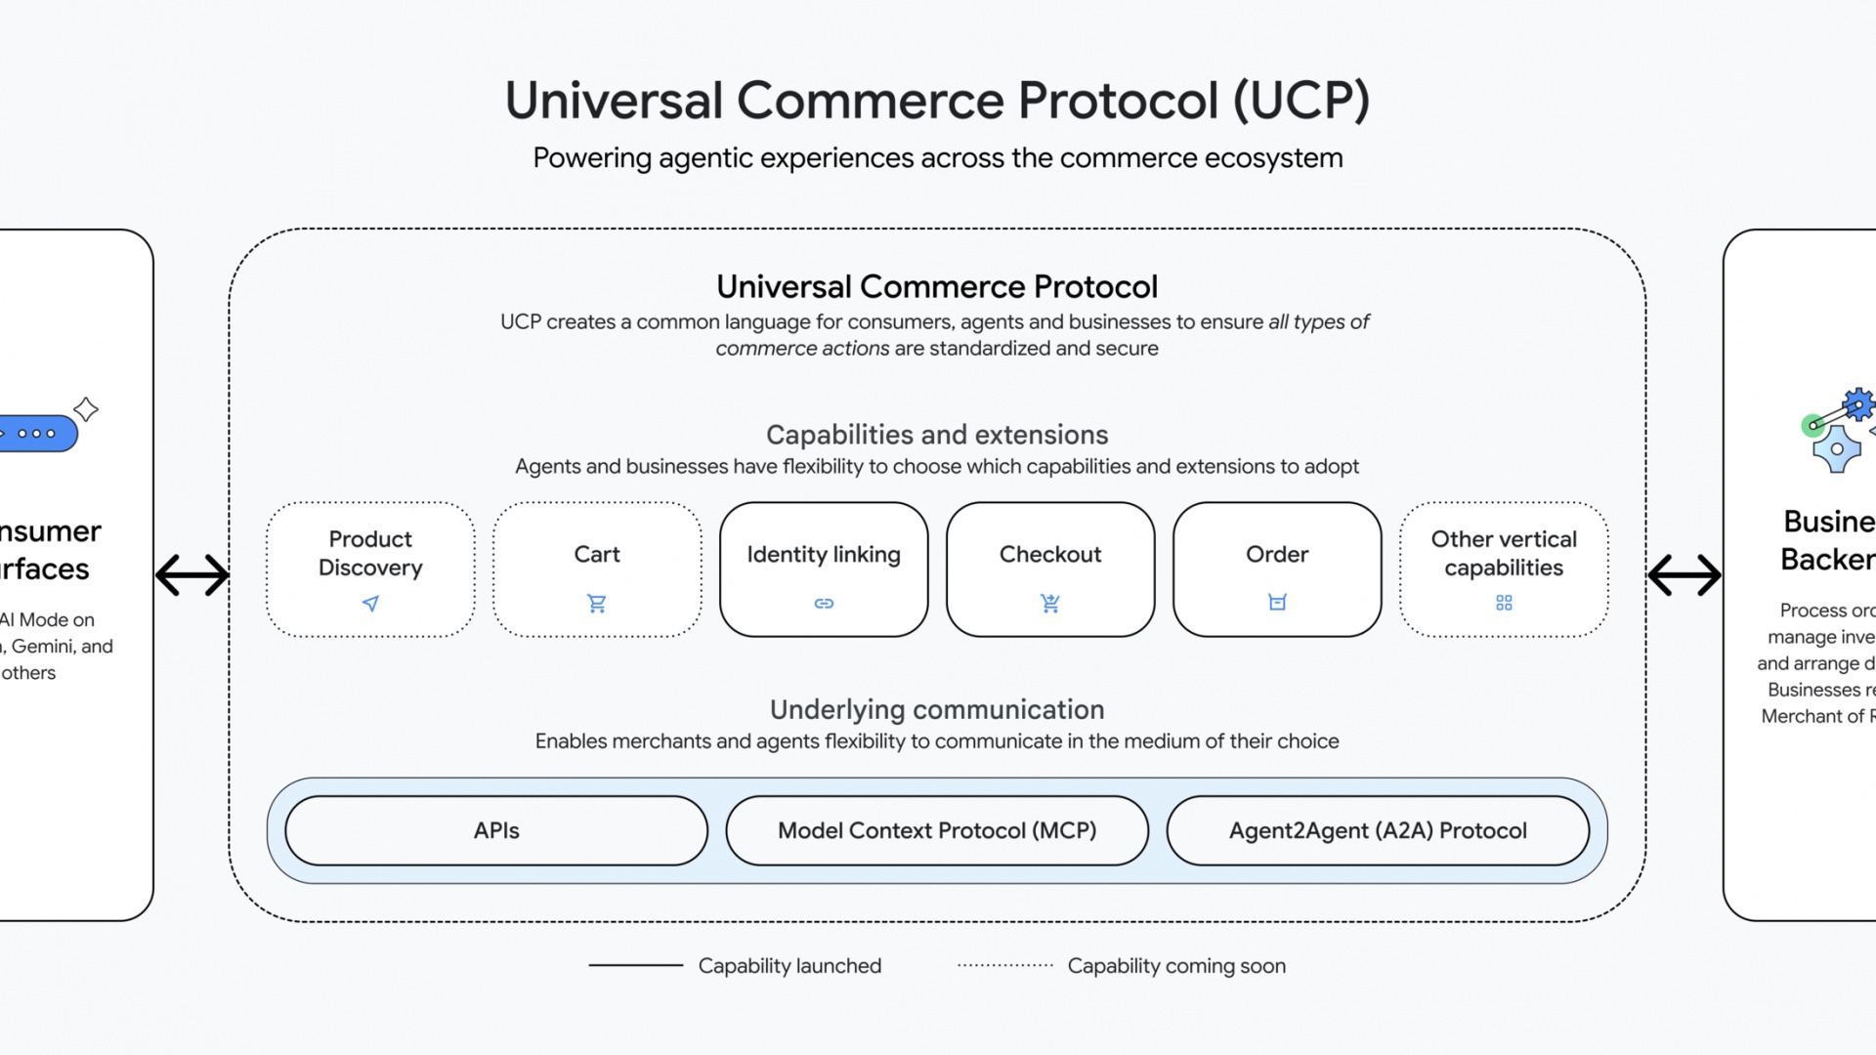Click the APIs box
pyautogui.click(x=496, y=830)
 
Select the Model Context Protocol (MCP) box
pyautogui.click(x=937, y=830)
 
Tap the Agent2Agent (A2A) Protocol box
pyautogui.click(x=1378, y=830)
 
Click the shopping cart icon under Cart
pyautogui.click(x=597, y=604)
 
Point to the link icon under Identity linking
pyautogui.click(x=824, y=604)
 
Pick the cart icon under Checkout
pyautogui.click(x=1050, y=604)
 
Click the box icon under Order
pyautogui.click(x=1277, y=603)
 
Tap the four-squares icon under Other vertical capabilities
pyautogui.click(x=1504, y=603)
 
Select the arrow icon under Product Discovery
pyautogui.click(x=370, y=604)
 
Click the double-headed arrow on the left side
pyautogui.click(x=192, y=574)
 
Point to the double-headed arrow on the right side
pyautogui.click(x=1684, y=574)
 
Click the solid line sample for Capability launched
pyautogui.click(x=635, y=965)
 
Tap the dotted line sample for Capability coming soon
pyautogui.click(x=1005, y=965)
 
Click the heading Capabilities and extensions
pyautogui.click(x=937, y=435)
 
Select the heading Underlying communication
pyautogui.click(x=937, y=709)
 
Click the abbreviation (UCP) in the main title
pyautogui.click(x=1301, y=101)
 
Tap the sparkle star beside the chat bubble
pyautogui.click(x=86, y=409)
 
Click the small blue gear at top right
pyautogui.click(x=1857, y=404)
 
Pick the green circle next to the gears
pyautogui.click(x=1812, y=425)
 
